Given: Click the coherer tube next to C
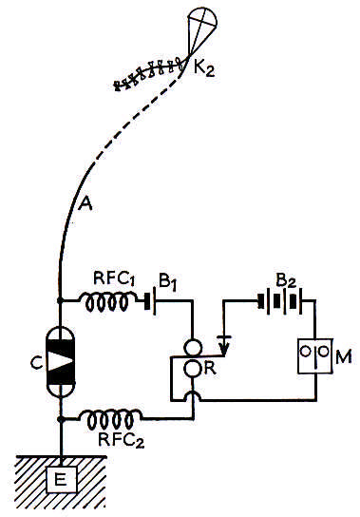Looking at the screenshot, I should click(x=60, y=365).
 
